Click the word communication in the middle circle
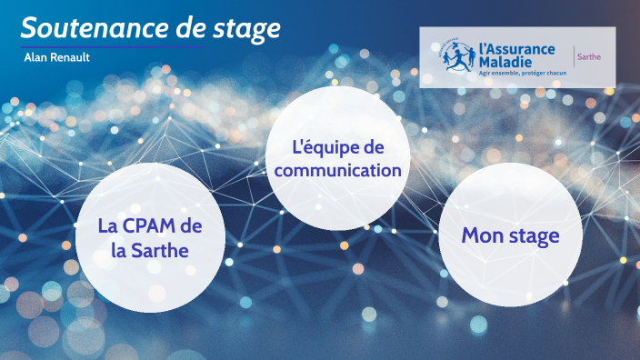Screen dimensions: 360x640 click(x=337, y=169)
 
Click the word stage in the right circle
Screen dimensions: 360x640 click(x=534, y=236)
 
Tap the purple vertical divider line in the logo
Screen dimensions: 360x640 click(x=572, y=56)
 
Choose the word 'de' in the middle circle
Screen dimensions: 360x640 click(x=375, y=147)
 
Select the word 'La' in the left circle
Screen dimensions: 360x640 click(x=108, y=226)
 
